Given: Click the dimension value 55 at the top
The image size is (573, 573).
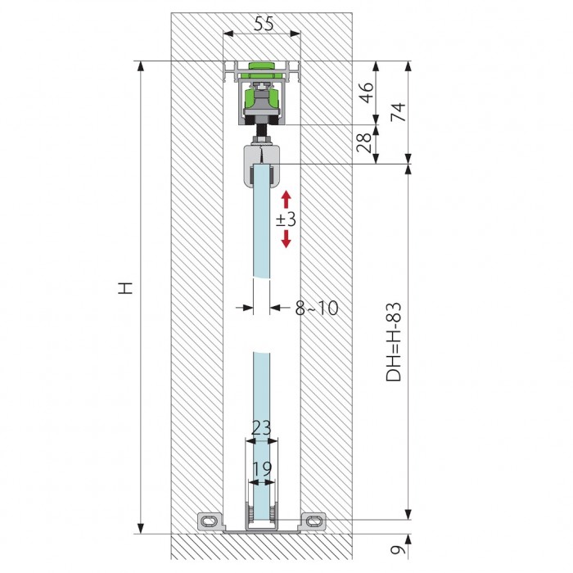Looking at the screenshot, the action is coord(264,24).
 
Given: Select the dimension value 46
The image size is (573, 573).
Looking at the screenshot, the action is coord(367,92).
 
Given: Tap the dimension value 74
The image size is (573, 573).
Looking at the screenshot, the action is coord(398,112).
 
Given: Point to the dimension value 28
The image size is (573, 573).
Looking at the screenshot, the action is coord(364,142).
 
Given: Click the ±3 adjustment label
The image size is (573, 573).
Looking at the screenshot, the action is coord(286,219).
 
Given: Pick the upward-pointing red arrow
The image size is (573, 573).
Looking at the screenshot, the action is coord(286,199).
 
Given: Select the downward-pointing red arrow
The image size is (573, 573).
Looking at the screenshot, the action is coord(286,239).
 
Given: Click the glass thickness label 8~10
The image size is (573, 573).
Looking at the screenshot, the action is coord(317,308).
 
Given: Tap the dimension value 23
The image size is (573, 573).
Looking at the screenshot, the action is coord(261,427).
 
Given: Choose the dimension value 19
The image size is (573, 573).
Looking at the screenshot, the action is coord(262,468).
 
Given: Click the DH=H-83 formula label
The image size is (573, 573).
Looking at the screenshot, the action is coord(394,342).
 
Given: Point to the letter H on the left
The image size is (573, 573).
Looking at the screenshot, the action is coord(125,287).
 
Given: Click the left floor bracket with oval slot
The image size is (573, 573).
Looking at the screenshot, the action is coord(210,521).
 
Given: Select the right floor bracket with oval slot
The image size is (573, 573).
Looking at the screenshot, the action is coord(314,521).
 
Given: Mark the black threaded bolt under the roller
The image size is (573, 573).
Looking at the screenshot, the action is coord(262,130).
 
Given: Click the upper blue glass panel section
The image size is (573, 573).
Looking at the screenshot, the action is coord(262,222).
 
